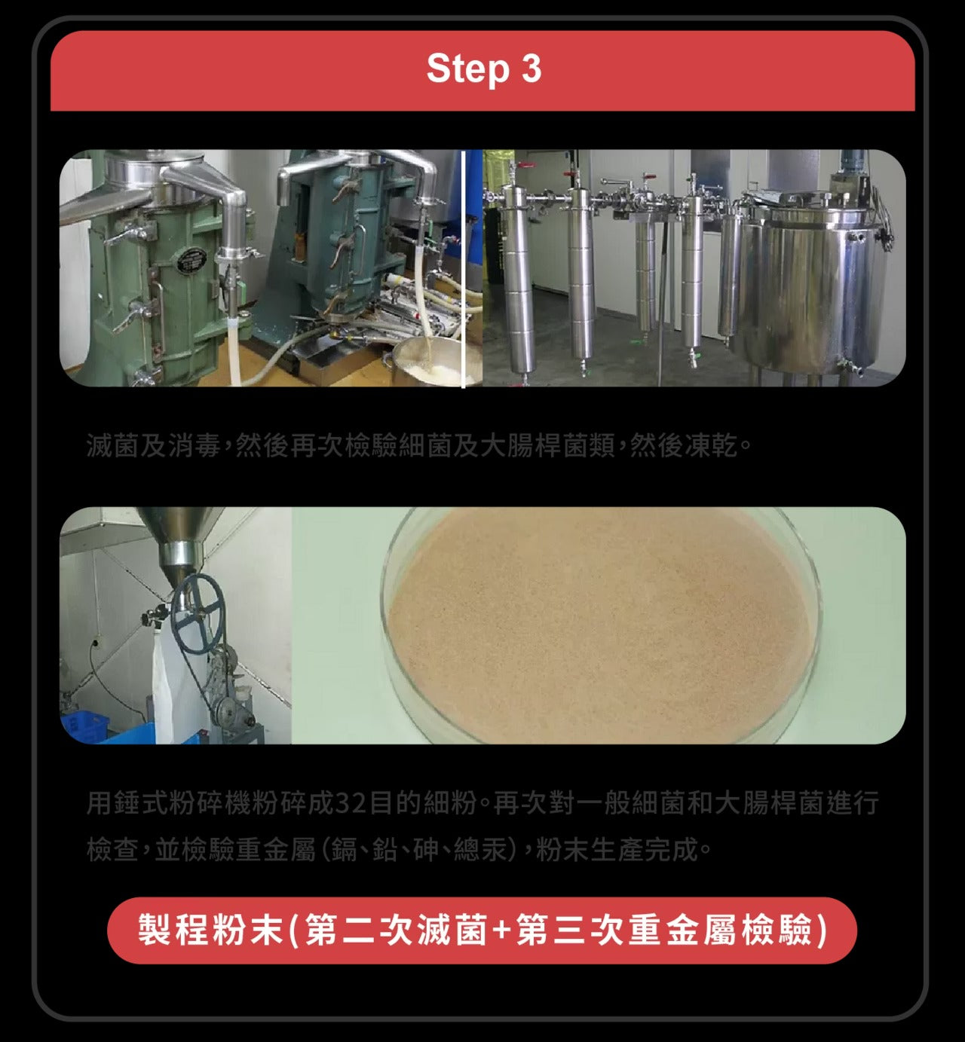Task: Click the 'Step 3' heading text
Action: [483, 69]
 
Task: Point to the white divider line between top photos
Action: [463, 268]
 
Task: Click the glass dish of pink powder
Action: [601, 625]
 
